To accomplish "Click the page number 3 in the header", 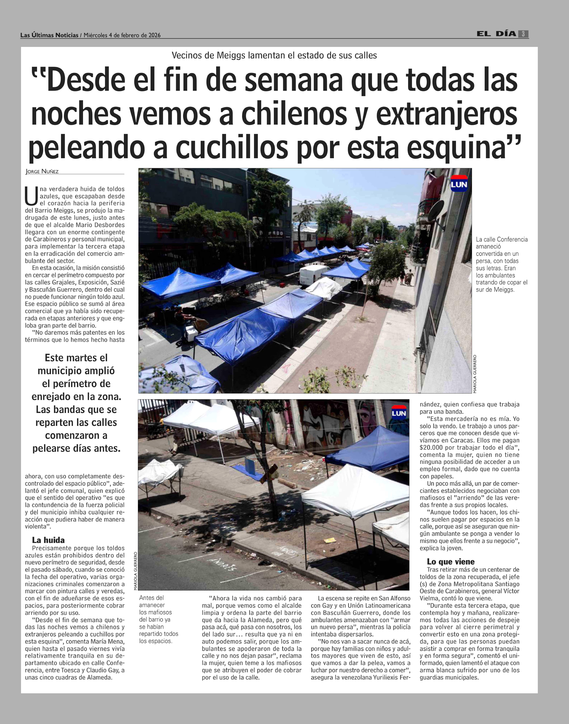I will pyautogui.click(x=523, y=34).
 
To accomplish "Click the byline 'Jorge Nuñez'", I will pyautogui.click(x=42, y=172).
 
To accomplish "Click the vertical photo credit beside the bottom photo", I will pyautogui.click(x=135, y=571).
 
